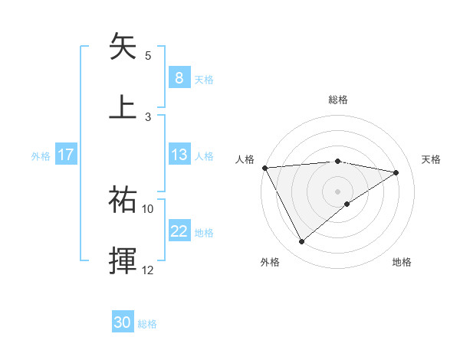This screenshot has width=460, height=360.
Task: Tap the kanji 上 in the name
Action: click(x=123, y=106)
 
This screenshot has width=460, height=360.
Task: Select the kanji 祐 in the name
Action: click(x=123, y=200)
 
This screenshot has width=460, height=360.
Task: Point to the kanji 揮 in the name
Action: click(x=123, y=260)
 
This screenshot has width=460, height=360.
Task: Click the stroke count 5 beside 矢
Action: click(x=148, y=56)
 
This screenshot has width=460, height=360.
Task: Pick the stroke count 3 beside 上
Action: click(x=148, y=116)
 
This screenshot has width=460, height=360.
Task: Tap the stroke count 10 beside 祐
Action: click(x=148, y=208)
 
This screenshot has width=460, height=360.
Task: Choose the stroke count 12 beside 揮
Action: click(x=148, y=270)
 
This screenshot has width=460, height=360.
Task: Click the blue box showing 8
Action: click(x=179, y=77)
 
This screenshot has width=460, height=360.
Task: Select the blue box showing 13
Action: click(x=179, y=155)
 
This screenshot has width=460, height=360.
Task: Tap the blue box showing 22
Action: click(x=179, y=231)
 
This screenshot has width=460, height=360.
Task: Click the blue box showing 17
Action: click(x=66, y=155)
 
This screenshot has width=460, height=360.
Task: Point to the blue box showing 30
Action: click(x=123, y=323)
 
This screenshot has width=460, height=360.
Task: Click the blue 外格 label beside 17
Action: click(x=41, y=155)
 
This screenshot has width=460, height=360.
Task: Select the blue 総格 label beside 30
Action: click(x=147, y=324)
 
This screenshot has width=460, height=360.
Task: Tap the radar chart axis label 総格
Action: click(x=338, y=100)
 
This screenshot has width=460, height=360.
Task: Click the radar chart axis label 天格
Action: click(x=432, y=159)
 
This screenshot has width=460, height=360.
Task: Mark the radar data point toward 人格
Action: click(x=264, y=168)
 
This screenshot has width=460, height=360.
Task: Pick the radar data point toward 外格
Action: click(x=301, y=242)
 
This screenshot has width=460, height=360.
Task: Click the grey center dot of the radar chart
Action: click(x=338, y=190)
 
